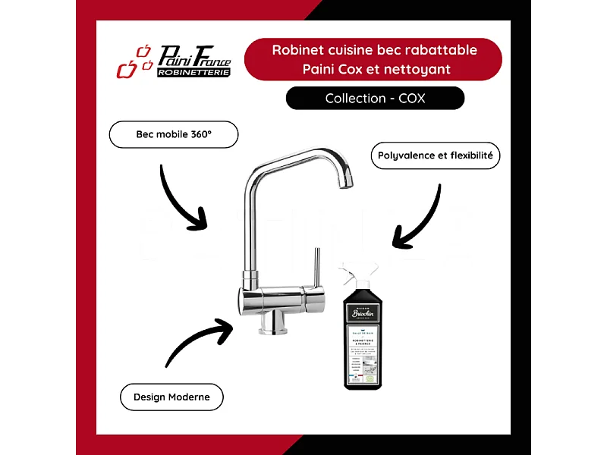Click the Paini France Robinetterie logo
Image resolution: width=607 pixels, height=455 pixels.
(175, 61)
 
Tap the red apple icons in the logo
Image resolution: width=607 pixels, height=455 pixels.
(132, 63)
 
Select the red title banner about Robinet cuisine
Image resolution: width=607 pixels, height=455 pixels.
(373, 59)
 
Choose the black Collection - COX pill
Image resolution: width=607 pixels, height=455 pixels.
(375, 98)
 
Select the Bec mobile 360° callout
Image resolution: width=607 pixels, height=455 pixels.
(174, 134)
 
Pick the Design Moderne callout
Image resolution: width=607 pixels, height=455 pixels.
(171, 397)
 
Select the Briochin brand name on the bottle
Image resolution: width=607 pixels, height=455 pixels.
(365, 312)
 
